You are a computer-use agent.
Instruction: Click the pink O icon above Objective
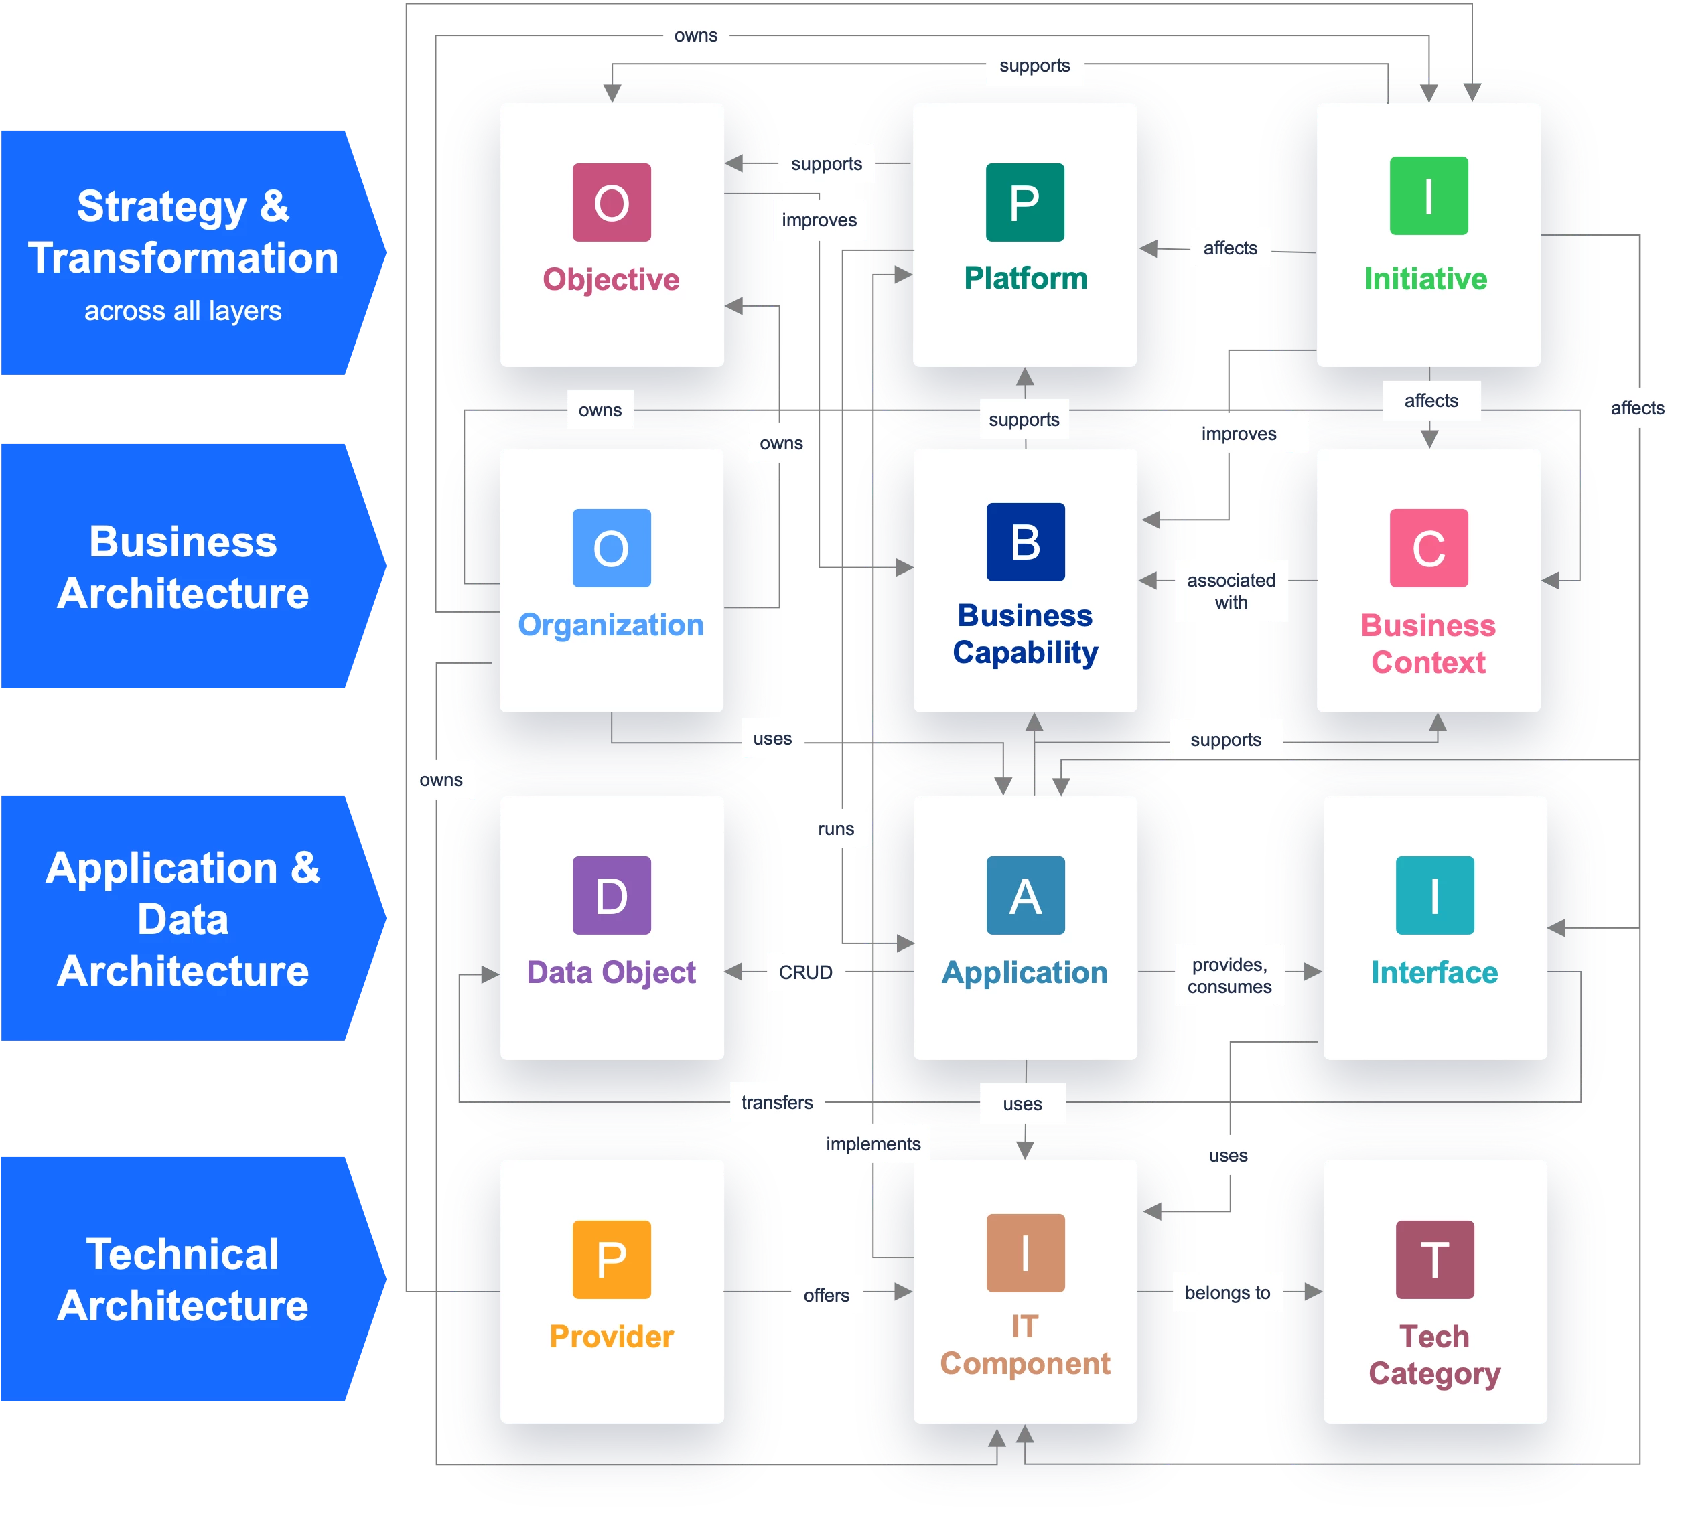pos(612,203)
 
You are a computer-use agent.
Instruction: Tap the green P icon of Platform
pos(1025,203)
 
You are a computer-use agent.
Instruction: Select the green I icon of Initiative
pos(1428,196)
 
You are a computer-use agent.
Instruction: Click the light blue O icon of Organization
pos(612,548)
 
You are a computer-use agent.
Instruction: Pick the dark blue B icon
pos(1026,542)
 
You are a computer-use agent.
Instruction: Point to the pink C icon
pos(1428,548)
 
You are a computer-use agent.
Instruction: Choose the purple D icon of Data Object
pos(612,896)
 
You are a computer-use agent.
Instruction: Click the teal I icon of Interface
pos(1434,896)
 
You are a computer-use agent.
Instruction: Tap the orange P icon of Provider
pos(612,1260)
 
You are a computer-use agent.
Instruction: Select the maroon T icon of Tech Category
pos(1434,1260)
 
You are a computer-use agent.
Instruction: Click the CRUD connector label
pos(806,972)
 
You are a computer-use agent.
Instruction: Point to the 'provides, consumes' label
pos(1230,976)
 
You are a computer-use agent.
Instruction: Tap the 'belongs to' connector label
pos(1227,1292)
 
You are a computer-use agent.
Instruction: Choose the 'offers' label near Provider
pos(826,1295)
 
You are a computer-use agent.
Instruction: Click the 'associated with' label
pos(1231,591)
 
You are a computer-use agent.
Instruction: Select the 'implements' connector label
pos(873,1144)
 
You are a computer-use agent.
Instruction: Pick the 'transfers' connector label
pos(777,1103)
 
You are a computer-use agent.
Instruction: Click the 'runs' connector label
pos(836,829)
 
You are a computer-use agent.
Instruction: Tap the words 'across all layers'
pos(183,311)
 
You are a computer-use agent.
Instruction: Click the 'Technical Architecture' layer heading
pos(183,1280)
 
